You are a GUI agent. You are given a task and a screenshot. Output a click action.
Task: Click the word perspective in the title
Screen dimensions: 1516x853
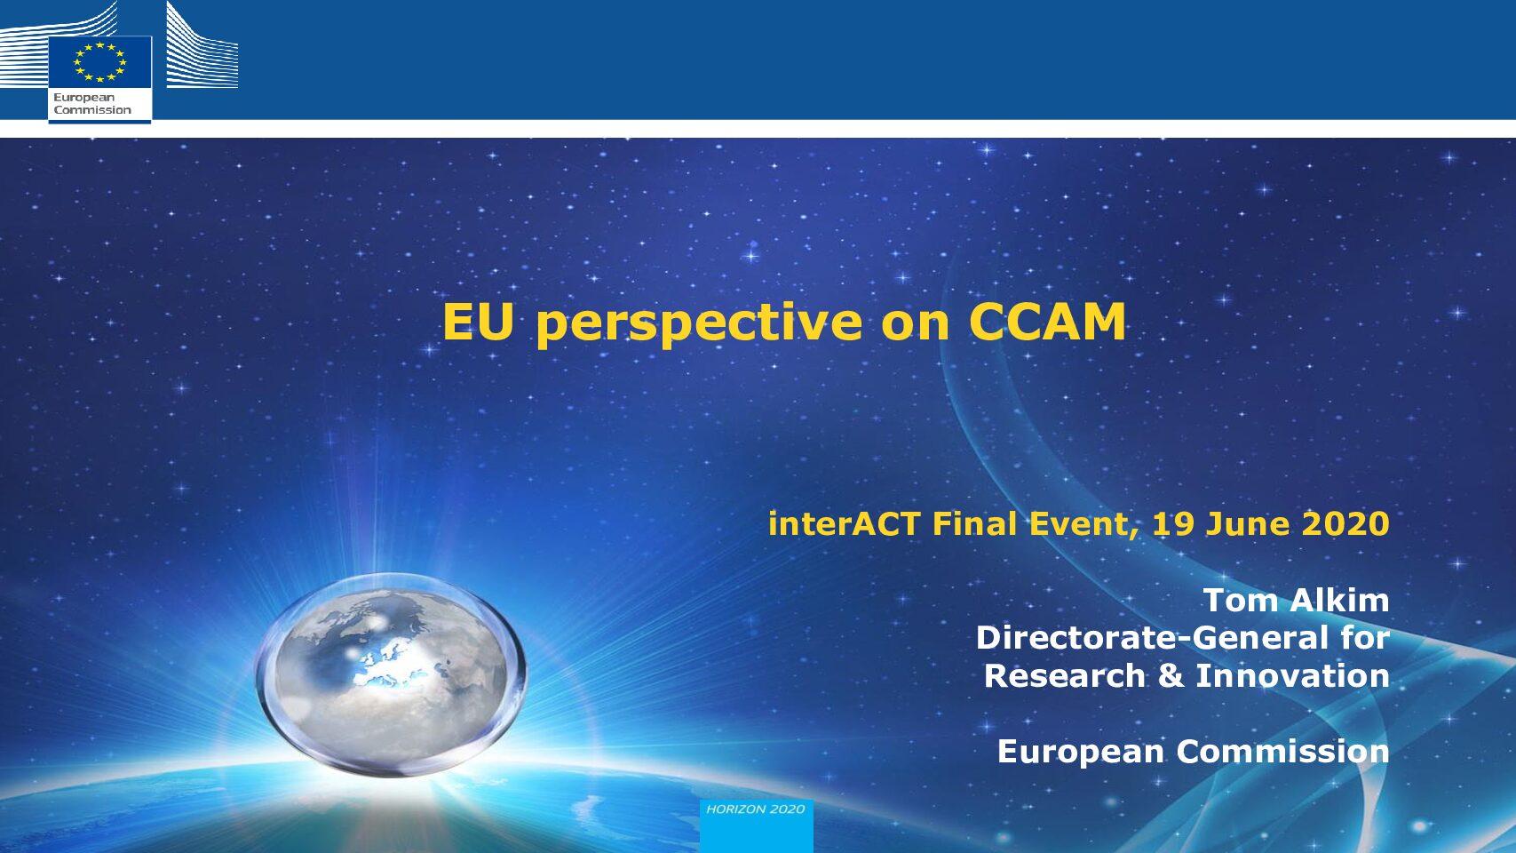pyautogui.click(x=698, y=325)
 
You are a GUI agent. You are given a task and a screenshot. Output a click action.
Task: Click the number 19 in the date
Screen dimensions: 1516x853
pyautogui.click(x=1173, y=523)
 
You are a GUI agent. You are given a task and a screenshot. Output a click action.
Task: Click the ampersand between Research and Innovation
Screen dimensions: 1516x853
pyautogui.click(x=1171, y=675)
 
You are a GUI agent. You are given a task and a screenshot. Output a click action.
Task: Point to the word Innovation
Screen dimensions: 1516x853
pyautogui.click(x=1293, y=675)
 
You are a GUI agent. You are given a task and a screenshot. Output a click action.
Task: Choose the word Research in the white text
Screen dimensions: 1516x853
pyautogui.click(x=1065, y=675)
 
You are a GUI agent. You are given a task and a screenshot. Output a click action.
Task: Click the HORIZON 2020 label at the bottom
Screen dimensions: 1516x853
pyautogui.click(x=756, y=809)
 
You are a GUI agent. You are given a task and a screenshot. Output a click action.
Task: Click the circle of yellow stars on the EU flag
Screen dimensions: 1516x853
pyautogui.click(x=100, y=62)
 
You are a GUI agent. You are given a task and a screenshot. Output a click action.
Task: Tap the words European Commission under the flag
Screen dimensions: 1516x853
pyautogui.click(x=92, y=104)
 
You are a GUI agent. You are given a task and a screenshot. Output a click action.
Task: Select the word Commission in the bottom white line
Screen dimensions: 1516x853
pyautogui.click(x=1283, y=752)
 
